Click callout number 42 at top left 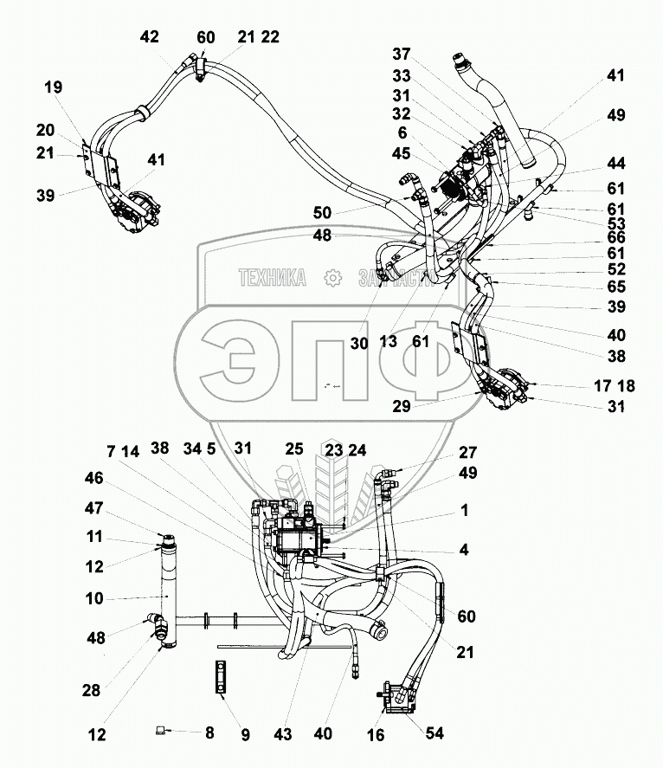[x=150, y=37]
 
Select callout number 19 [x=54, y=87]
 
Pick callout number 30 [x=359, y=343]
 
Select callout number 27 [x=468, y=451]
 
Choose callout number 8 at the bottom [x=209, y=732]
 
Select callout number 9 [x=245, y=736]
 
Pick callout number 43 [x=283, y=734]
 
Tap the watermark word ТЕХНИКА [x=272, y=278]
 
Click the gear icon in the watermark [x=331, y=278]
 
